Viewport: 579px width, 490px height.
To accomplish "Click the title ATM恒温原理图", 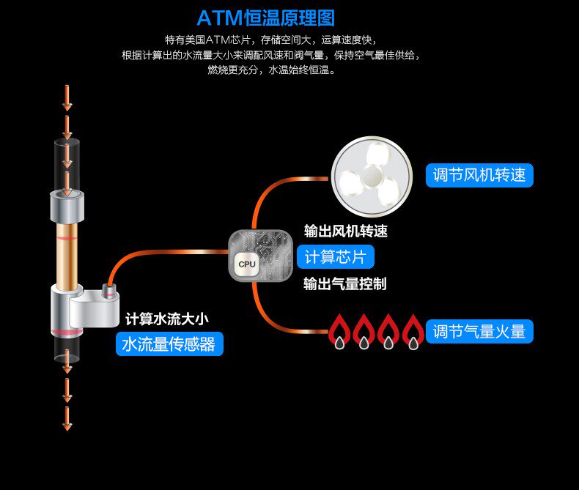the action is point(266,18).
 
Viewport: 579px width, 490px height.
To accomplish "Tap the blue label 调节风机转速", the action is point(479,175).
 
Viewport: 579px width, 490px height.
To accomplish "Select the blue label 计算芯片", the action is point(335,257).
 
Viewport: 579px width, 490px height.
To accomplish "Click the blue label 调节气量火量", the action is point(479,331).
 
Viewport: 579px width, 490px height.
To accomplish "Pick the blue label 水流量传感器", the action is point(169,344).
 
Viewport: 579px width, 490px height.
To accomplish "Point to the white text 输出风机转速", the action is point(346,231).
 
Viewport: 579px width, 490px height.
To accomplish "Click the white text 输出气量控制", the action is point(345,283).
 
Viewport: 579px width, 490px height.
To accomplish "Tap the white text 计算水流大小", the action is point(167,319).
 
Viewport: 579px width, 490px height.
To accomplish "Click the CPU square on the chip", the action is point(247,264).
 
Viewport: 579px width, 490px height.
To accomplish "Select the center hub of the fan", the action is point(372,177).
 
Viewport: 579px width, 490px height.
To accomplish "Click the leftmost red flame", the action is point(339,331).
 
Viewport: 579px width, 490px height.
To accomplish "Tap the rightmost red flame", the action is point(413,331).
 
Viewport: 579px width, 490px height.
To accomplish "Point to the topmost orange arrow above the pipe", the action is point(67,98).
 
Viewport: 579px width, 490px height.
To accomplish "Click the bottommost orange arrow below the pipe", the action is point(67,419).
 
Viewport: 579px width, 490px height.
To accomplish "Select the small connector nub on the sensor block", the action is point(109,289).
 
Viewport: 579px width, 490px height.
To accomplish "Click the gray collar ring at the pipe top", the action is point(67,207).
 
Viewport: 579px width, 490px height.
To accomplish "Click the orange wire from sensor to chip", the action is point(163,253).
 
